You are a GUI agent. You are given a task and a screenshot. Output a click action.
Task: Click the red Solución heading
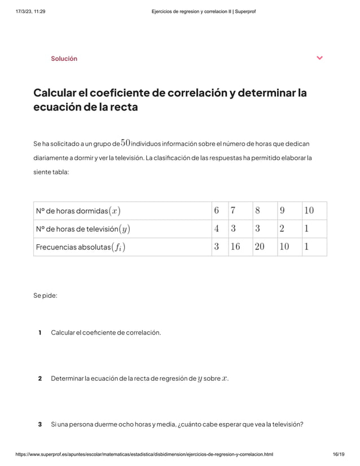pyautogui.click(x=64, y=59)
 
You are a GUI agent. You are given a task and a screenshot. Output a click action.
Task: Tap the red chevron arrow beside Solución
pyautogui.click(x=320, y=58)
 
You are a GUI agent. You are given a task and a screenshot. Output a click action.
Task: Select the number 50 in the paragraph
pyautogui.click(x=126, y=143)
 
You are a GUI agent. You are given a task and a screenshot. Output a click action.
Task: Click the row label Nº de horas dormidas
pyautogui.click(x=78, y=211)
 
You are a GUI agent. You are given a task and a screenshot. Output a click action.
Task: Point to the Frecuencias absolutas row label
pyautogui.click(x=81, y=247)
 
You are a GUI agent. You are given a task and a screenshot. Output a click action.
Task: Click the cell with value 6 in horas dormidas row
pyautogui.click(x=217, y=211)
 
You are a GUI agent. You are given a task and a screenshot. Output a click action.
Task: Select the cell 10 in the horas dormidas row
pyautogui.click(x=309, y=211)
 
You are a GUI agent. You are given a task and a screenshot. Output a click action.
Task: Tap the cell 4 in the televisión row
pyautogui.click(x=217, y=229)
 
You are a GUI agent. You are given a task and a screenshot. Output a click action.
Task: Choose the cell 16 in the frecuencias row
pyautogui.click(x=235, y=247)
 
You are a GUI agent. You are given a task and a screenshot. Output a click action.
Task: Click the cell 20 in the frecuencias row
pyautogui.click(x=260, y=247)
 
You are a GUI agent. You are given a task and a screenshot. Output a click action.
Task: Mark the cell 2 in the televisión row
pyautogui.click(x=282, y=229)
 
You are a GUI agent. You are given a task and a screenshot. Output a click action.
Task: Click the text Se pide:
pyautogui.click(x=45, y=296)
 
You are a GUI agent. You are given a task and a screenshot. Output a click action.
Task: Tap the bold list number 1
pyautogui.click(x=39, y=332)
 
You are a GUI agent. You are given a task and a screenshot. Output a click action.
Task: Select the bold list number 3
pyautogui.click(x=39, y=424)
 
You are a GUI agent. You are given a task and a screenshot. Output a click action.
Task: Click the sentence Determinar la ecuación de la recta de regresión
pyautogui.click(x=139, y=378)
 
